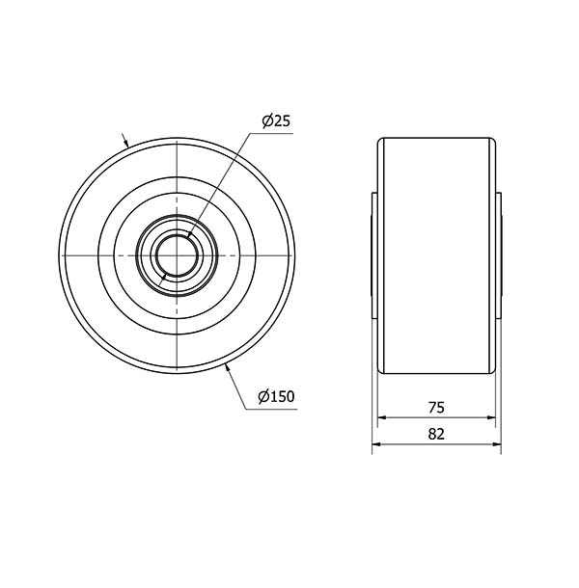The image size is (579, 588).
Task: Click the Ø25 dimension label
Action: [276, 121]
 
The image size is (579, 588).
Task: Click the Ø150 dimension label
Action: [276, 396]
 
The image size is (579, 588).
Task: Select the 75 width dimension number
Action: [436, 408]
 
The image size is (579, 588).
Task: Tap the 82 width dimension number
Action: [436, 434]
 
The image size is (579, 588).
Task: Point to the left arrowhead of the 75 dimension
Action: [382, 417]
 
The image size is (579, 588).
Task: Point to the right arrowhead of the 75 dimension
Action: [491, 417]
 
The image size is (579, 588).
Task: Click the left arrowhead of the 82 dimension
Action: [376, 444]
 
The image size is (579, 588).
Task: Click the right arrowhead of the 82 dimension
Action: [496, 444]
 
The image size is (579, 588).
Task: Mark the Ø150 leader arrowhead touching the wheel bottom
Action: [227, 368]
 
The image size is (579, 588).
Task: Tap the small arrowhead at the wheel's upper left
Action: [126, 143]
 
